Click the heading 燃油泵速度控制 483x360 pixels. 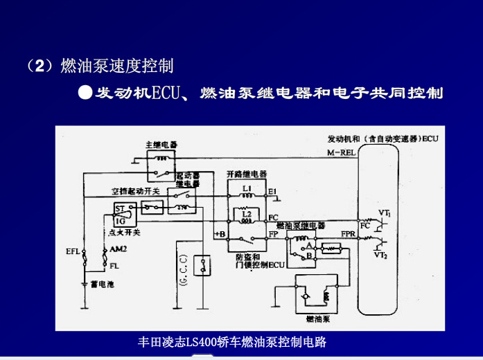coord(116,66)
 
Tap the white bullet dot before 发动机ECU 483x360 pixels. coord(85,92)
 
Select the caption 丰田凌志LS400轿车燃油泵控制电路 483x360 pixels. coord(232,342)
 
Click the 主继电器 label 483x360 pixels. coord(161,145)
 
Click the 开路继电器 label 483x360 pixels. coord(246,174)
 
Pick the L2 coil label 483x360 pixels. coord(247,214)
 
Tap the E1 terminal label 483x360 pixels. coord(272,190)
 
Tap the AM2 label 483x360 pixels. coord(117,249)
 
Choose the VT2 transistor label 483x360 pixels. coord(380,255)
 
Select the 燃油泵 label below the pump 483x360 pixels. coord(316,320)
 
